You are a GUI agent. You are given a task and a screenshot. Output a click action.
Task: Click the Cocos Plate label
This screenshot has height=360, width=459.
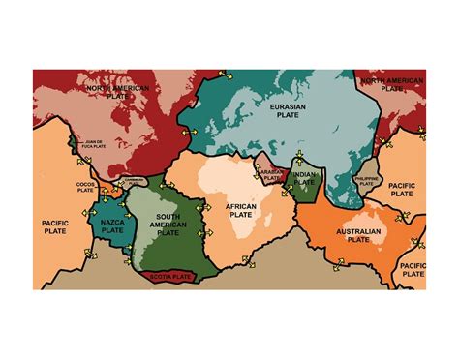click(86, 187)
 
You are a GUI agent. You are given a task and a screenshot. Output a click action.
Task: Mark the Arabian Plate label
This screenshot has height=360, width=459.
click(271, 174)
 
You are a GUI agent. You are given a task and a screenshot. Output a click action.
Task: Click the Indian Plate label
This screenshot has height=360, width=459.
click(305, 178)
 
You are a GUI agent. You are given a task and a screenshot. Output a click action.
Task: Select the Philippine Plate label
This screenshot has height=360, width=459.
click(367, 181)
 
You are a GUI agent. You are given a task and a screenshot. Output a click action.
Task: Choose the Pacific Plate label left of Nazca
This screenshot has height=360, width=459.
click(54, 229)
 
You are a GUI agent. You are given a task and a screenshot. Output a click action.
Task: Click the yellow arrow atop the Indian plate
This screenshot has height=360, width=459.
click(298, 155)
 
